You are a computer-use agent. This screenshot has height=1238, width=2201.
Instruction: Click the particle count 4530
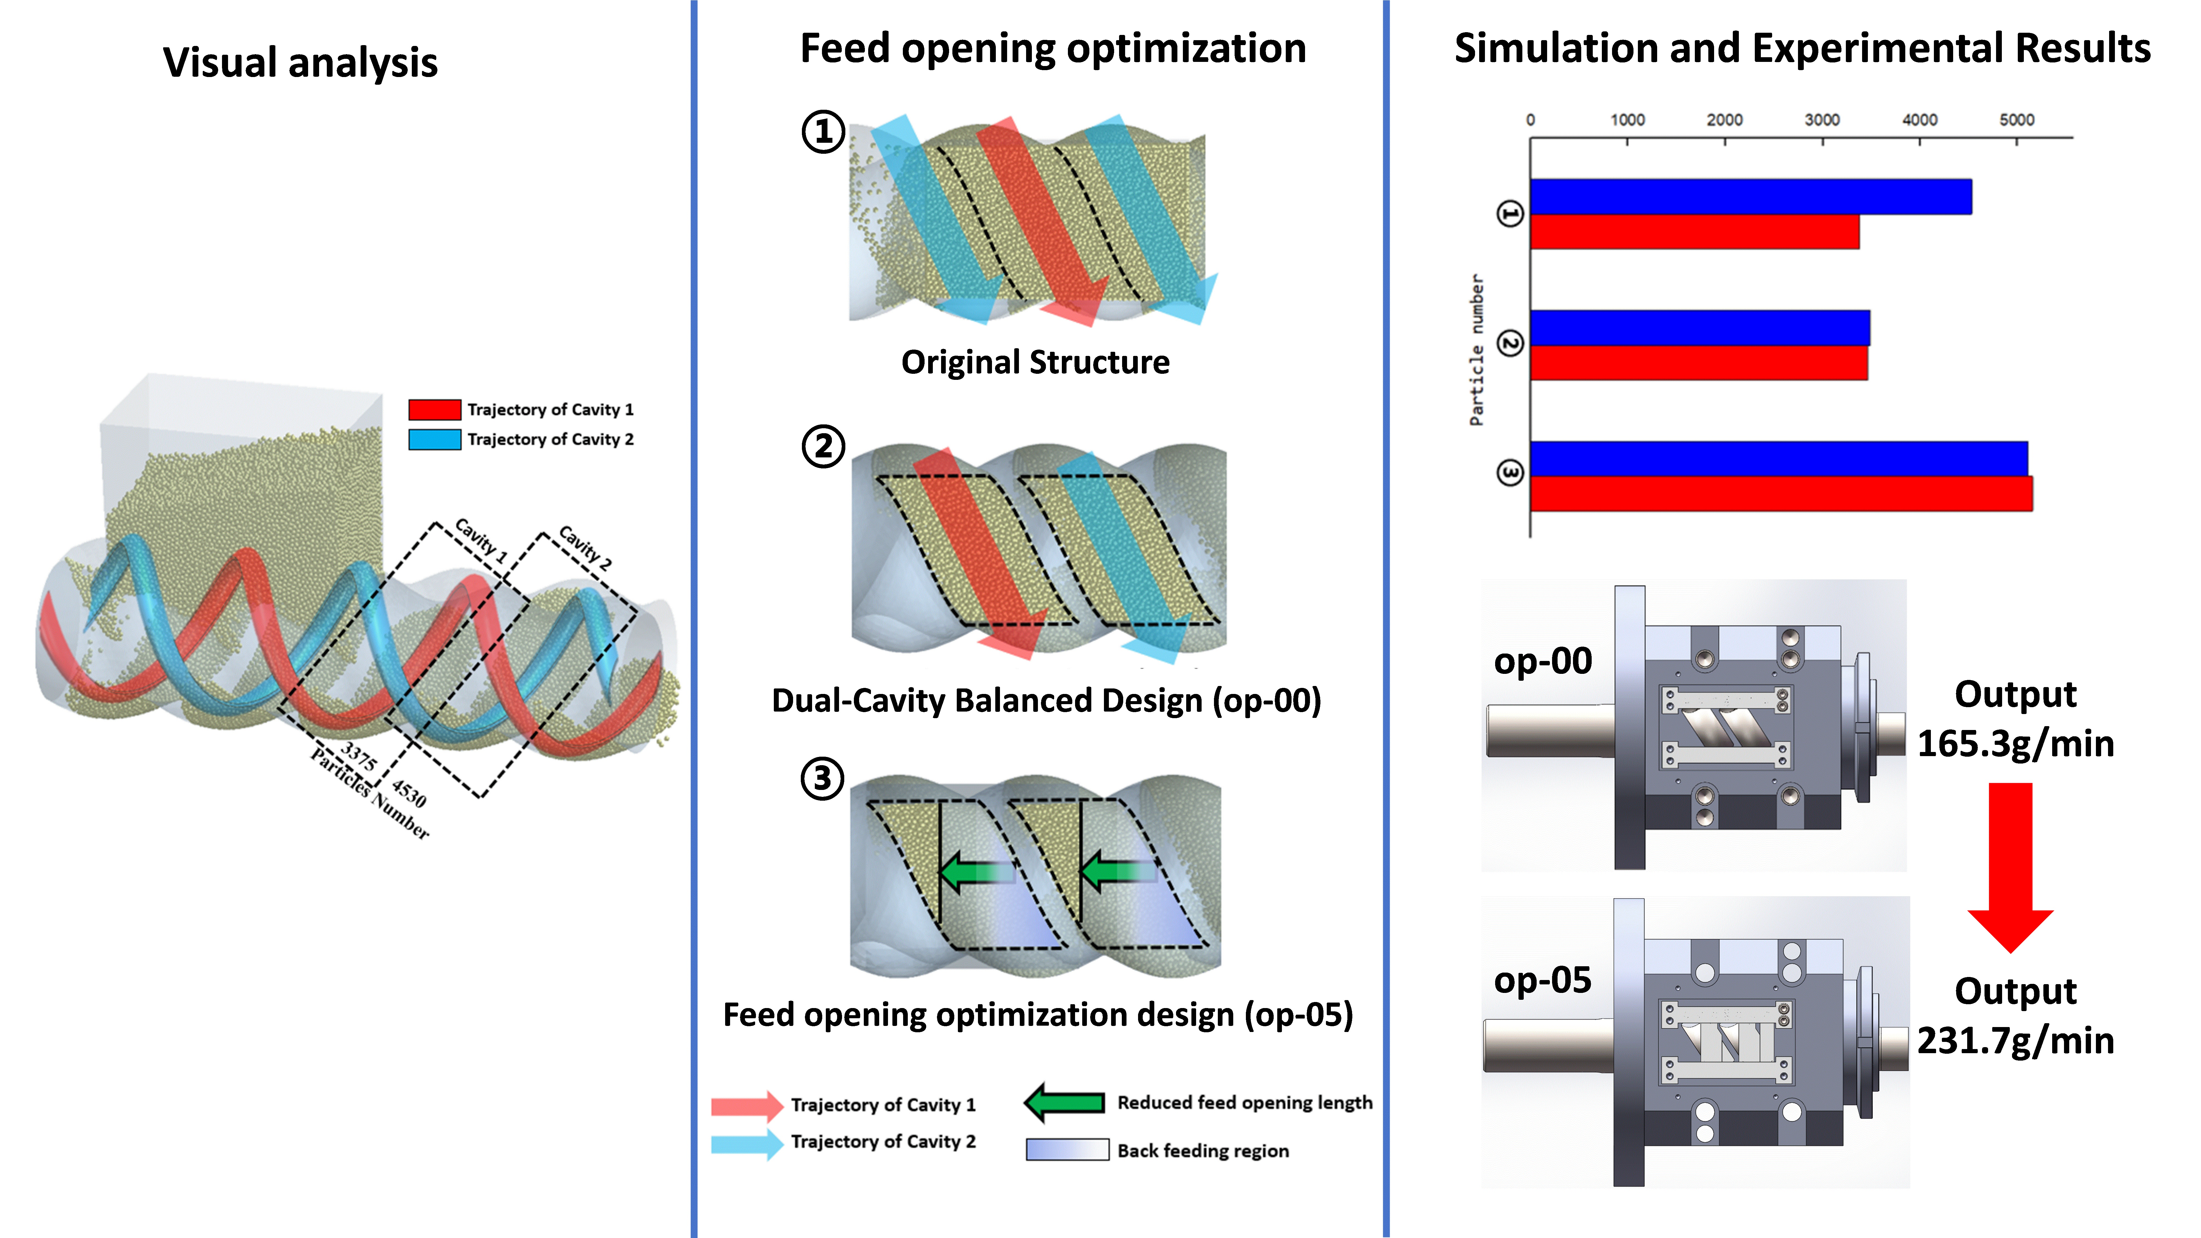pos(409,793)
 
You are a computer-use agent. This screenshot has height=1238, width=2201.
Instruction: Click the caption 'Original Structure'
pos(1035,362)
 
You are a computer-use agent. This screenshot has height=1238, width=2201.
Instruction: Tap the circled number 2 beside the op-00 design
pos(823,446)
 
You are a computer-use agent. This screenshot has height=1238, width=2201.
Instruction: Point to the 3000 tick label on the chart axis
pos(1822,120)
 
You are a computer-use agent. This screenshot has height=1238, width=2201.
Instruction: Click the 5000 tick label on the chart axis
pos(2016,120)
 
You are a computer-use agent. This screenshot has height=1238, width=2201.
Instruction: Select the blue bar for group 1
pos(1750,196)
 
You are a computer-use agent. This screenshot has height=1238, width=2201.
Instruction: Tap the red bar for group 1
pos(1694,232)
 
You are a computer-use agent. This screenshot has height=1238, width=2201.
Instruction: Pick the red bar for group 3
pos(1781,494)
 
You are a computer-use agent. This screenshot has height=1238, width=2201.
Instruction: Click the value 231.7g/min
pos(2016,1041)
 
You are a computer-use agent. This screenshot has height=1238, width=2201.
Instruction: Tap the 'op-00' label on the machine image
pos(1542,660)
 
